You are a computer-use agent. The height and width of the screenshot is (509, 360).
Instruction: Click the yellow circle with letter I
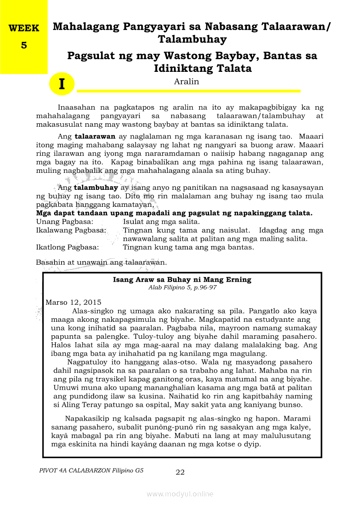pyautogui.click(x=62, y=84)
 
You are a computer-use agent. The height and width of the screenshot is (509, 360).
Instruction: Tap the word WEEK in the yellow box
pyautogui.click(x=24, y=28)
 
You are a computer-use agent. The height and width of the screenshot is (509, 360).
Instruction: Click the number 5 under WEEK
pyautogui.click(x=24, y=45)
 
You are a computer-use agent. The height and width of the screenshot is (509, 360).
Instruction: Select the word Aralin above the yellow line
pyautogui.click(x=186, y=81)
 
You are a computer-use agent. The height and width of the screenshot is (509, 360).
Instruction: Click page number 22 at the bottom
pyautogui.click(x=180, y=472)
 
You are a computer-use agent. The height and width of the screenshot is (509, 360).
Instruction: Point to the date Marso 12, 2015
pyautogui.click(x=73, y=302)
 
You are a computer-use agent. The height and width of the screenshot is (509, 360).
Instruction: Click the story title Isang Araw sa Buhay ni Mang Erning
pyautogui.click(x=182, y=280)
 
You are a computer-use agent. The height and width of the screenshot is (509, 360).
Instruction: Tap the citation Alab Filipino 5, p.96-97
pyautogui.click(x=182, y=287)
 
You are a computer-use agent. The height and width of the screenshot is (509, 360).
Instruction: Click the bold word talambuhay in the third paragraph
pyautogui.click(x=96, y=188)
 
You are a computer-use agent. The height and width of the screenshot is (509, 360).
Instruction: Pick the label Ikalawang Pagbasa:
pyautogui.click(x=71, y=230)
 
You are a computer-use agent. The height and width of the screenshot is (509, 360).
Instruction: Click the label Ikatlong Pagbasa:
pyautogui.click(x=67, y=247)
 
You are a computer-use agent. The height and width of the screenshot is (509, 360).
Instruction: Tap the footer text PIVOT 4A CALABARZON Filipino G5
pyautogui.click(x=91, y=470)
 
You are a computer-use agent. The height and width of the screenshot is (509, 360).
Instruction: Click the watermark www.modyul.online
pyautogui.click(x=180, y=494)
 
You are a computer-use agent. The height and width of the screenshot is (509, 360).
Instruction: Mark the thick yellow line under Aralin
pyautogui.click(x=188, y=91)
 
